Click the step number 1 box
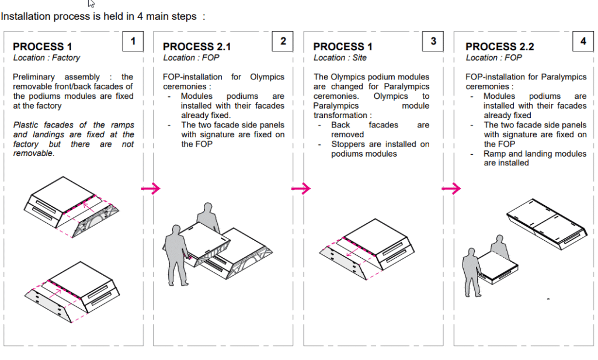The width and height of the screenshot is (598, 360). (x=133, y=41)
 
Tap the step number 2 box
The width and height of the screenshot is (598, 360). (x=283, y=41)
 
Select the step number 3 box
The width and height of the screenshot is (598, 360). (x=433, y=41)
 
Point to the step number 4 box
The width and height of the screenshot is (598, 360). (x=583, y=41)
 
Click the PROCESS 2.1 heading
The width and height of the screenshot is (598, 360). (x=197, y=47)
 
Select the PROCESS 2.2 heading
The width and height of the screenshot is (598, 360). (x=499, y=47)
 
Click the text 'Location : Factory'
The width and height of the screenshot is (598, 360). (x=47, y=58)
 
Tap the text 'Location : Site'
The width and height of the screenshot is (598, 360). (x=340, y=58)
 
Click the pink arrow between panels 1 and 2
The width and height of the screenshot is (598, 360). (x=151, y=188)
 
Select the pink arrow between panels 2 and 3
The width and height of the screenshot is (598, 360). (x=301, y=188)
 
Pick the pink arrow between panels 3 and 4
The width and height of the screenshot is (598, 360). (x=451, y=188)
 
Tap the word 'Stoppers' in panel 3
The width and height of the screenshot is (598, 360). (x=349, y=144)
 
